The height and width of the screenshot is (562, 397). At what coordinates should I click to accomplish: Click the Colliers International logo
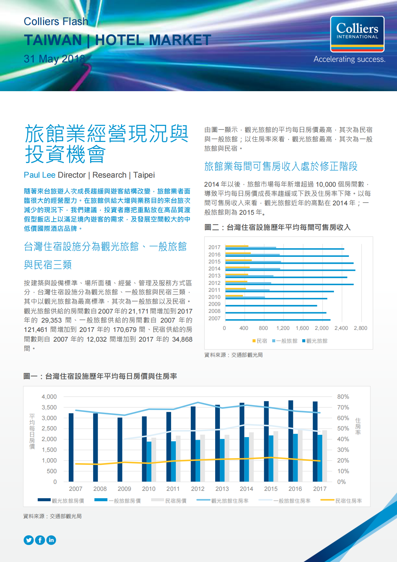coord(357,34)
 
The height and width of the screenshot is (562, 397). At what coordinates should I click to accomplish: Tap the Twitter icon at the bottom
coord(29,540)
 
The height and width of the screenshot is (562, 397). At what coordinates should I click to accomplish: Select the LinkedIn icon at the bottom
coord(51,540)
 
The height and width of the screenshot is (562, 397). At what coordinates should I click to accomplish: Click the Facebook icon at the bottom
coord(40,540)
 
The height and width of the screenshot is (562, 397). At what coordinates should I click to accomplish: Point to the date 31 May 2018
coord(54,59)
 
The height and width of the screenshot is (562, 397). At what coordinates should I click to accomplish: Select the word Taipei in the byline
coord(144,175)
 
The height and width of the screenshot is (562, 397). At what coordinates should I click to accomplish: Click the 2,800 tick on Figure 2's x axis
coord(360,328)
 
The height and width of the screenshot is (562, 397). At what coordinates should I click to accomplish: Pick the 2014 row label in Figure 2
coord(214,268)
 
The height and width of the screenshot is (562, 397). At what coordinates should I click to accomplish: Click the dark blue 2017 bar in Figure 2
coord(285,249)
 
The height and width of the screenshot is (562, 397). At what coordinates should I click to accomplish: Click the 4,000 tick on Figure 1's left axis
coord(49,397)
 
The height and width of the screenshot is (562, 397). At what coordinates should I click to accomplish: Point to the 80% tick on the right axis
coord(343,397)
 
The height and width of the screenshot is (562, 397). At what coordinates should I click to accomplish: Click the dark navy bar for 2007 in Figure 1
coord(71,447)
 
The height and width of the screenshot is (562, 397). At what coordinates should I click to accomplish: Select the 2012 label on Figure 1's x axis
coord(197,489)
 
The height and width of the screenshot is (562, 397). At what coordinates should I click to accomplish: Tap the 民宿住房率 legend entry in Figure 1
coord(348,501)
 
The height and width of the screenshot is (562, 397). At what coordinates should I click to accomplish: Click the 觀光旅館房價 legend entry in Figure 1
coord(68,501)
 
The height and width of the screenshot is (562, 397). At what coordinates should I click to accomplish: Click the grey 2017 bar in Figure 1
coord(325,456)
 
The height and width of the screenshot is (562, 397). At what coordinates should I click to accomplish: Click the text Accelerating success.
coord(349,59)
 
